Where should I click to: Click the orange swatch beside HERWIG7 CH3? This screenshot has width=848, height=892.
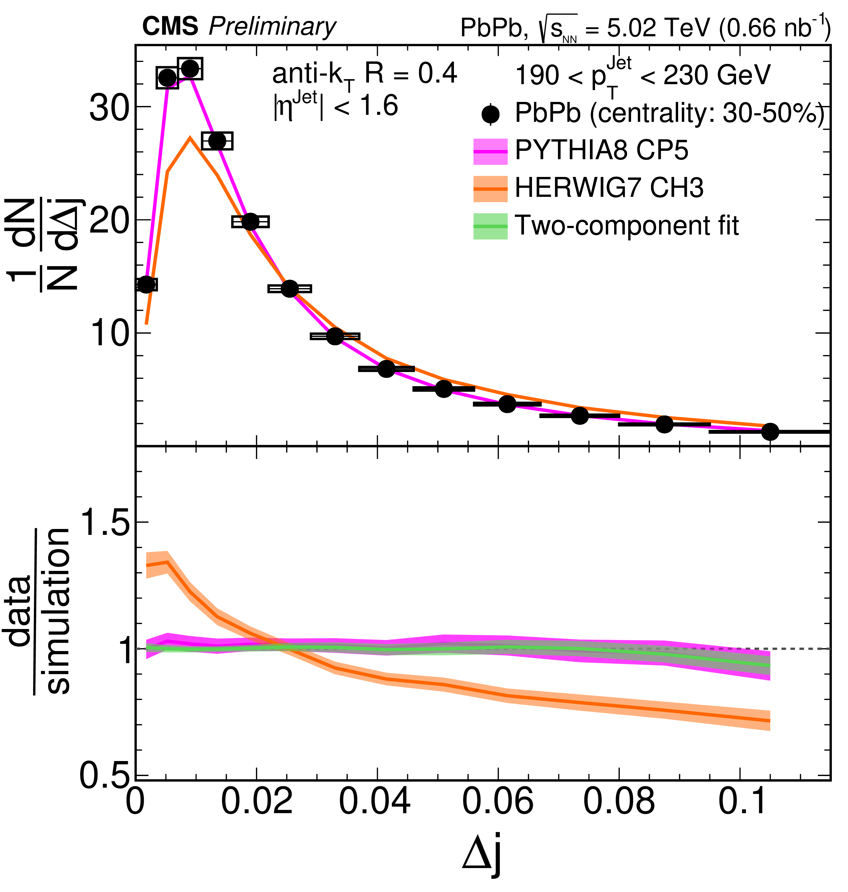[490, 188]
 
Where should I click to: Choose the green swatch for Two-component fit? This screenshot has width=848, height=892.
[490, 226]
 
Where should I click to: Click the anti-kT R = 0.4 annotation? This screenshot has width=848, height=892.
[364, 74]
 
